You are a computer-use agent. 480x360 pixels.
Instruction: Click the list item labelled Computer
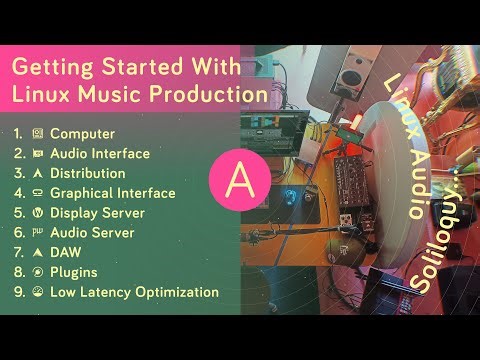82,133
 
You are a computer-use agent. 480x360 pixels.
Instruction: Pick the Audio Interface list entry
100,153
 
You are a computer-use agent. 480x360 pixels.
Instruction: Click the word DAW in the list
65,253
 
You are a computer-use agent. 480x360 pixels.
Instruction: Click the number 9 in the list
16,293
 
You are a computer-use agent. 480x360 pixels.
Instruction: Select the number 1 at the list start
16,133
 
